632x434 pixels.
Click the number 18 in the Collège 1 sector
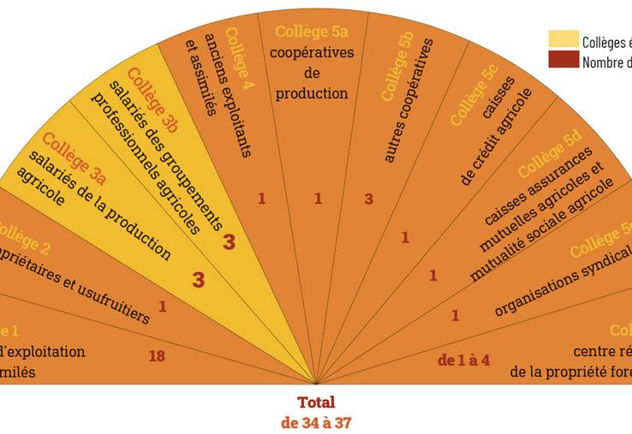[x=157, y=355]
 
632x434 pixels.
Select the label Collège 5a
[x=311, y=33]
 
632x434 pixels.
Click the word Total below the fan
[x=316, y=402]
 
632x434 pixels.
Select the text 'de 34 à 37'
[x=316, y=421]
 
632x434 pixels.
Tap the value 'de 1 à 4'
[x=463, y=360]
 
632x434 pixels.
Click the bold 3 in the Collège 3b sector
[x=229, y=242]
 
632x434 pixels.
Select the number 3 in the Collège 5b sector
[x=369, y=199]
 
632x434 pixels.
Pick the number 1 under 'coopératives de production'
[x=319, y=199]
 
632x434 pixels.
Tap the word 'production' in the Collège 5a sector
[x=312, y=93]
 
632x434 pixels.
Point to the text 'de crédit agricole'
[x=496, y=136]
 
